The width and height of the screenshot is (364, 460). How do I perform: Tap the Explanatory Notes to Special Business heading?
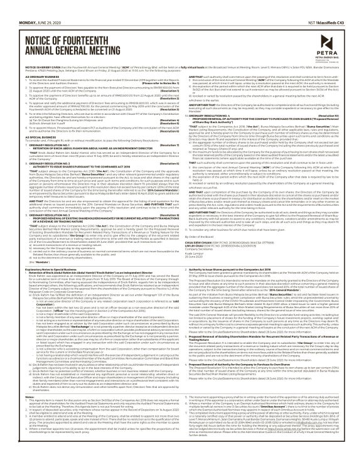point(43,249)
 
